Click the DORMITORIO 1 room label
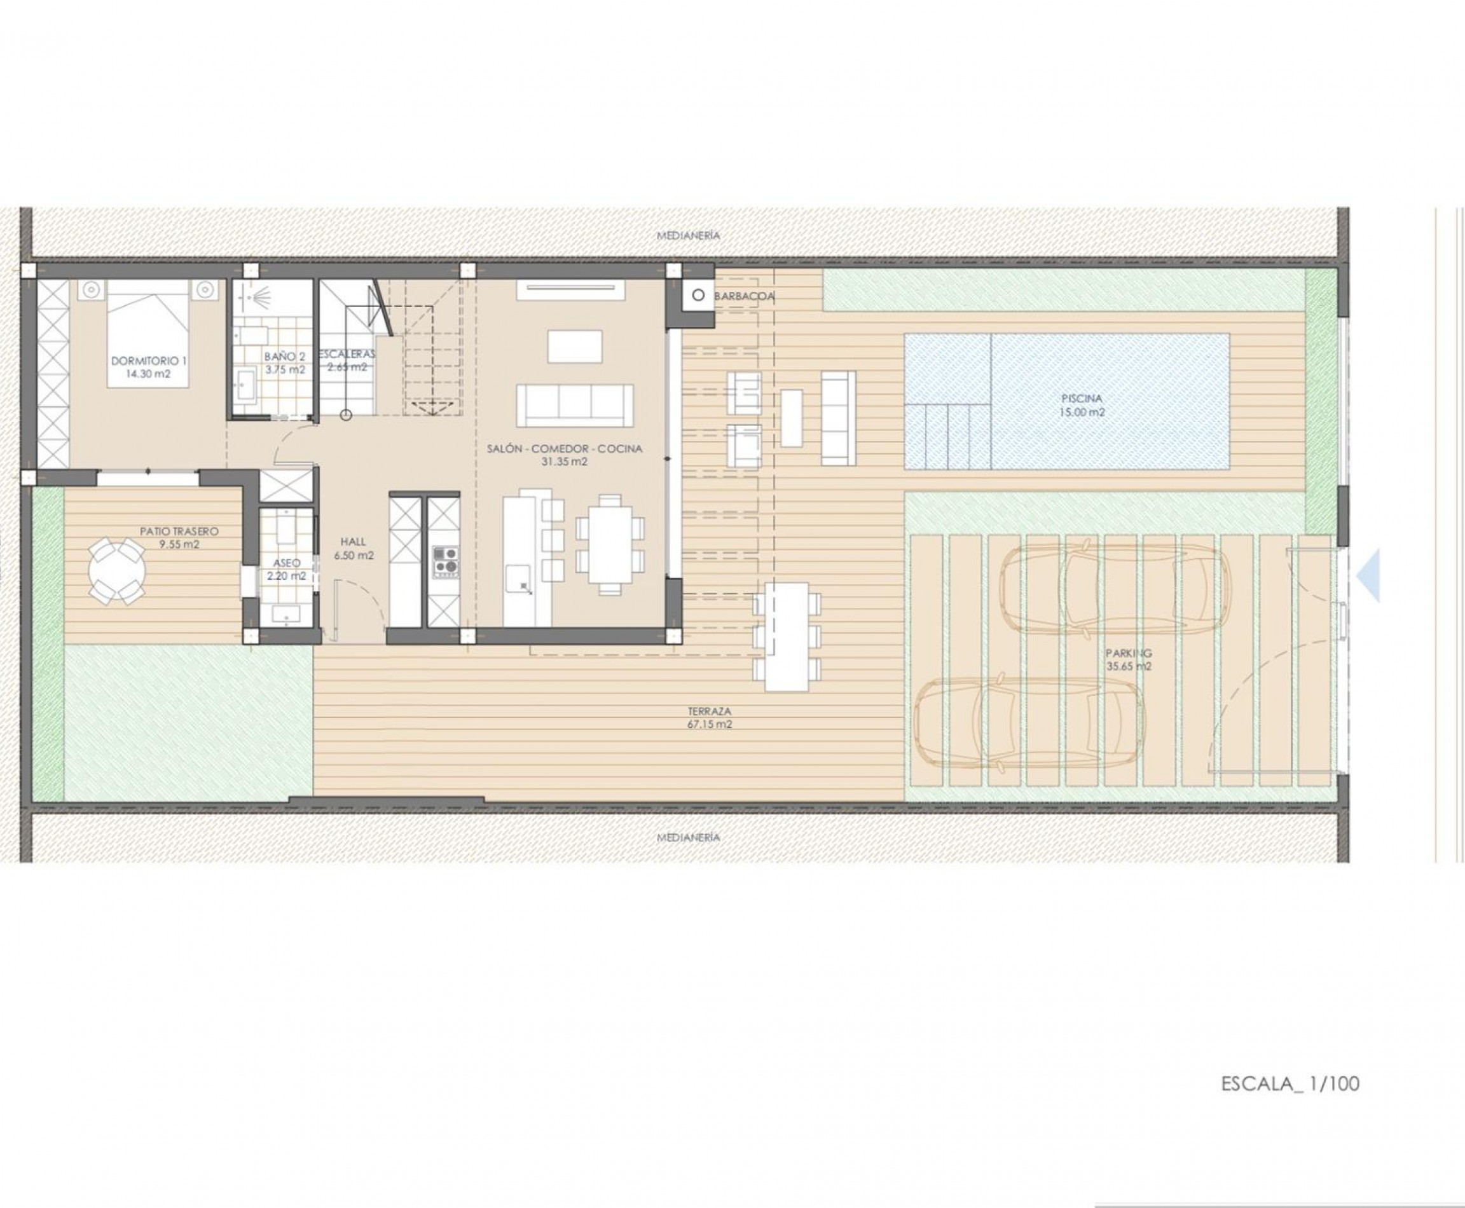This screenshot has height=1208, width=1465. (149, 361)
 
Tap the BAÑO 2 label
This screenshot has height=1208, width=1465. (285, 357)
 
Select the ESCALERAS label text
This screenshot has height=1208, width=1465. (347, 354)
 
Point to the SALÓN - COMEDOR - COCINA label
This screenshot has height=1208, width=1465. (565, 449)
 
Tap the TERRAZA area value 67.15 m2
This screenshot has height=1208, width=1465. (709, 724)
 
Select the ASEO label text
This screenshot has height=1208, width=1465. (287, 563)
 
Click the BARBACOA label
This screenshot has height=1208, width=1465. (744, 296)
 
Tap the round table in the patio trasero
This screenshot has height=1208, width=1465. (117, 573)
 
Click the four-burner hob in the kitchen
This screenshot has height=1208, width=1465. (446, 562)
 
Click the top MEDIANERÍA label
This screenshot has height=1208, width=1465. (688, 236)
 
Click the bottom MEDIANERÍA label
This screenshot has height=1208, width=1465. (688, 838)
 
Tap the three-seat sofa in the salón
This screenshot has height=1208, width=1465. (575, 406)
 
